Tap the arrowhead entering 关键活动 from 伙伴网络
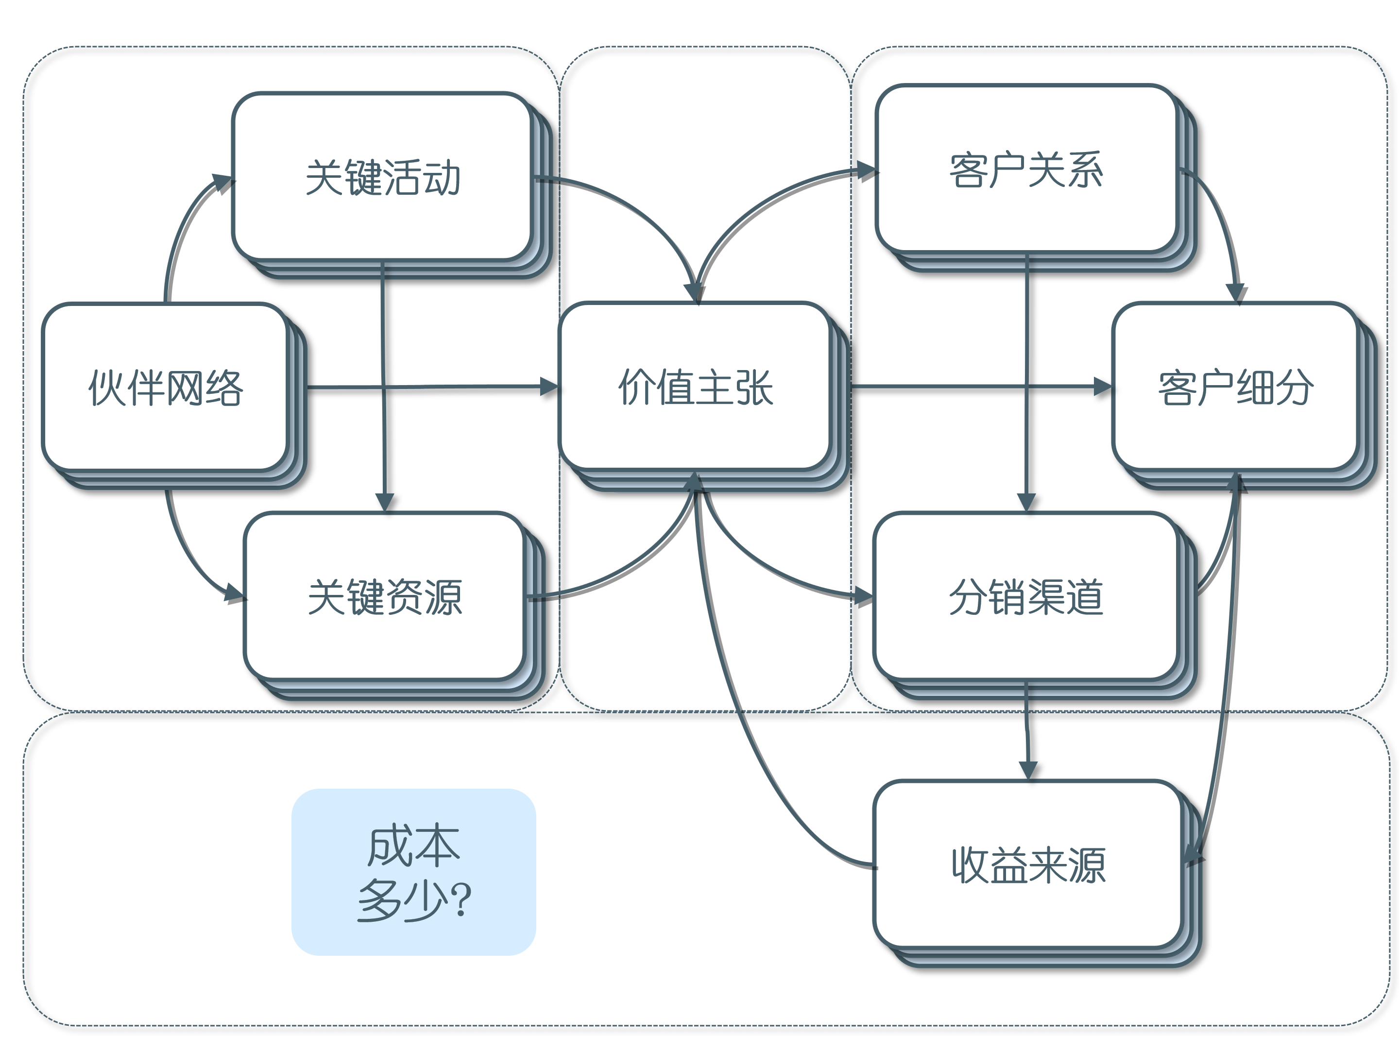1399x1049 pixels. click(x=222, y=182)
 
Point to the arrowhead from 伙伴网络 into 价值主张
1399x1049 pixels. click(x=548, y=387)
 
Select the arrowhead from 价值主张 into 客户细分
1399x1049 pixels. click(x=1102, y=387)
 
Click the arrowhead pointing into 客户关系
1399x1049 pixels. click(x=865, y=170)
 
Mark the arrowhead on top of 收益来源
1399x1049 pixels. click(x=1028, y=770)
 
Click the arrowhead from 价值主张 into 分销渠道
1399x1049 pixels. click(x=863, y=595)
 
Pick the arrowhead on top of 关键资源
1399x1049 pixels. click(x=385, y=501)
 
